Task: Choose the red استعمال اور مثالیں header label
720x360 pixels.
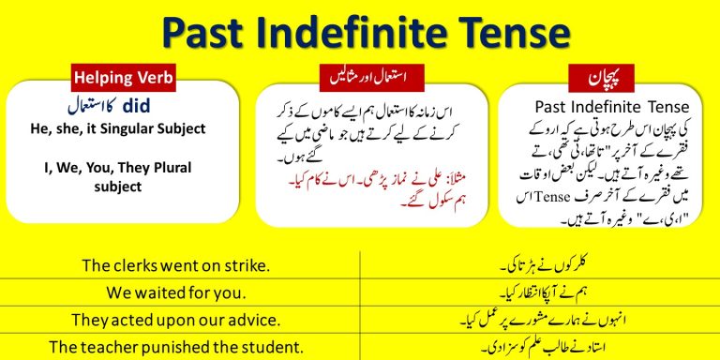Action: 359,74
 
